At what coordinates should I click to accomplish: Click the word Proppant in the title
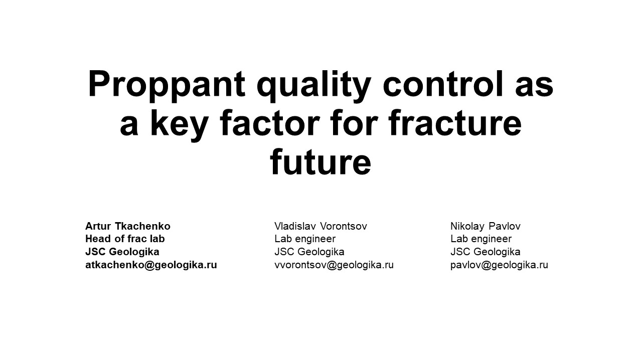167,85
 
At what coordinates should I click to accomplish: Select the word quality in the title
313,85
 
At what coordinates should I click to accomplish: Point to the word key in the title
179,124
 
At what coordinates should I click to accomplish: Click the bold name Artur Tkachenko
128,226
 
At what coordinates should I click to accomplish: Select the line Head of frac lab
125,239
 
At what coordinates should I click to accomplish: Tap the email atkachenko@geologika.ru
151,265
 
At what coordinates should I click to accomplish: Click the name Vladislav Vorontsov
320,226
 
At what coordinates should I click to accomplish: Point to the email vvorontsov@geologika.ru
334,265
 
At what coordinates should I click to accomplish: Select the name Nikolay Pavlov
486,226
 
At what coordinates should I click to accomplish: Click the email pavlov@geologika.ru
499,265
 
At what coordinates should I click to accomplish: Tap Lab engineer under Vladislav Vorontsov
305,239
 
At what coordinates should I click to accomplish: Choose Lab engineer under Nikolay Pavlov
481,239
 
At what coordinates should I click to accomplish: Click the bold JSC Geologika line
122,252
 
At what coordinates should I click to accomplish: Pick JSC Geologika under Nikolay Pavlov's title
486,252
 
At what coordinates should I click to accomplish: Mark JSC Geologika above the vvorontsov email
309,252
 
